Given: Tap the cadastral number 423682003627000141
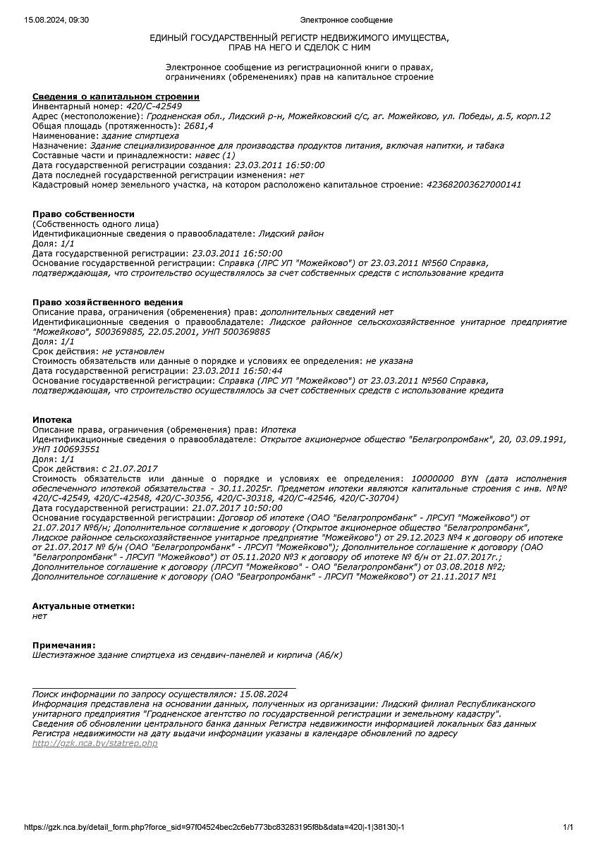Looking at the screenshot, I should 474,185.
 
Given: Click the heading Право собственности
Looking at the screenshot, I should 83,214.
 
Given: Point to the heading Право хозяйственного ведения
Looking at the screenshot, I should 108,302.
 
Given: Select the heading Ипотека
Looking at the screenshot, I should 52,419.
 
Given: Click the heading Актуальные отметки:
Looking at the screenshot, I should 83,606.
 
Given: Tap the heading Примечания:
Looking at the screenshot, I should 63,644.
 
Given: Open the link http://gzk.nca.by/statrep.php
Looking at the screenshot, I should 95,743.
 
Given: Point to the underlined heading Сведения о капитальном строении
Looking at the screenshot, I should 116,96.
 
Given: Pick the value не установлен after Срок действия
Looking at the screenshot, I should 133,351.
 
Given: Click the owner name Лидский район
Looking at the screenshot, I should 291,233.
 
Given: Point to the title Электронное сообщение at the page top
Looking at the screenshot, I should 346,20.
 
